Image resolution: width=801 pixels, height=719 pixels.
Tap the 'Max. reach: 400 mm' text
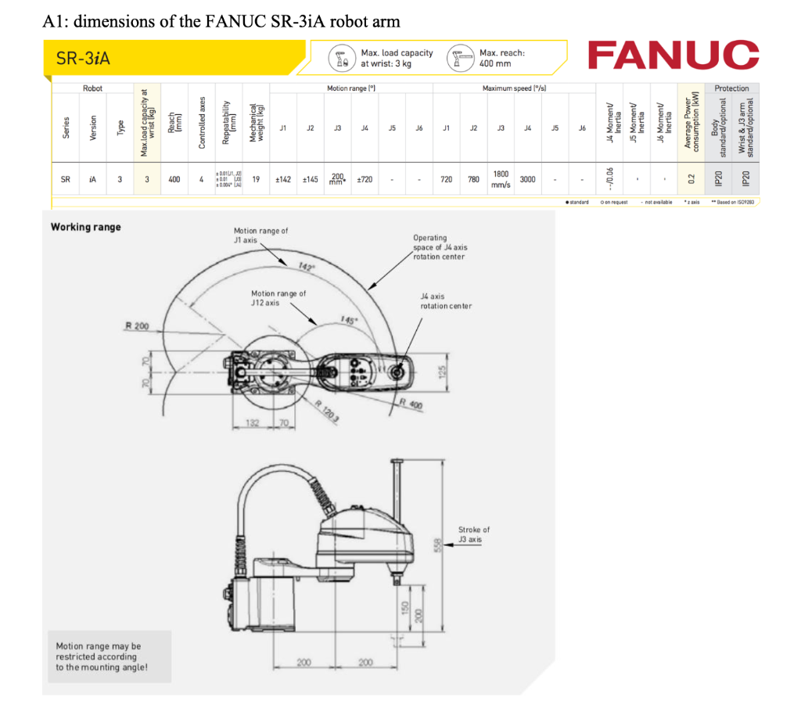[501, 58]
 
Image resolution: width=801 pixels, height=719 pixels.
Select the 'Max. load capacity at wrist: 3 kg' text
[396, 58]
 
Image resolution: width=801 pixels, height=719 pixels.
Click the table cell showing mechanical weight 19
[256, 179]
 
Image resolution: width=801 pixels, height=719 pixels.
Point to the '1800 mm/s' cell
[501, 179]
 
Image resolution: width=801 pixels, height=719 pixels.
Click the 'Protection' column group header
[731, 88]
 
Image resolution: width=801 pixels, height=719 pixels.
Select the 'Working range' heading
[86, 227]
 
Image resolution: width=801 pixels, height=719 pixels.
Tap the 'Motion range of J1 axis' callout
[260, 235]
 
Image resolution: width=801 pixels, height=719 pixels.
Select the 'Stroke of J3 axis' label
[474, 534]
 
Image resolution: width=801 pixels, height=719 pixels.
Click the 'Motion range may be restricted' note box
[99, 656]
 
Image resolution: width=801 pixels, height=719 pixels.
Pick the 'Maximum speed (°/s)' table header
[514, 88]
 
